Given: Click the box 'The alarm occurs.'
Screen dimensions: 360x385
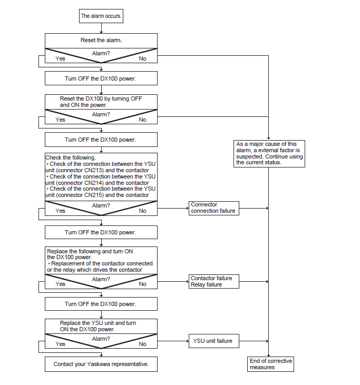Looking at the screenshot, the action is point(101,16).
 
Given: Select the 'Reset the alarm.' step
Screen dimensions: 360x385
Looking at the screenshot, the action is point(101,41).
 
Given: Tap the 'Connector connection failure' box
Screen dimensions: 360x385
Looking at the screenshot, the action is point(214,208).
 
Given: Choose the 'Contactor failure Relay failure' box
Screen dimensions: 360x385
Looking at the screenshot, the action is point(214,281).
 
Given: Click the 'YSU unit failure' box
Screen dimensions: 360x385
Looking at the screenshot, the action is point(214,341).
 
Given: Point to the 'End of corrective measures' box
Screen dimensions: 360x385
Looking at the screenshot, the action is point(270,364).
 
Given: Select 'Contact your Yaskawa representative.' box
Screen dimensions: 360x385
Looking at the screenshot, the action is point(101,364).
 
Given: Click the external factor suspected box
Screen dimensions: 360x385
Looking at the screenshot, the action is point(269,154).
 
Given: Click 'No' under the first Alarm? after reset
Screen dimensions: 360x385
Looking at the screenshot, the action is point(142,58).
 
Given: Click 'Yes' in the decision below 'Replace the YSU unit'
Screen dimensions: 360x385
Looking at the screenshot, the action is point(60,344).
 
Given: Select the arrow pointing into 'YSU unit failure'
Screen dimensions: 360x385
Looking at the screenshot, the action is point(173,341).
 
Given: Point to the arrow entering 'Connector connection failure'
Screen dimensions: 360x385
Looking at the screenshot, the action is point(173,208).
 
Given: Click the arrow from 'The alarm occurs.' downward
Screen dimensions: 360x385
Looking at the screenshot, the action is point(101,28).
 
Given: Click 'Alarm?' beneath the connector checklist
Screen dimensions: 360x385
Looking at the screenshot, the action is point(101,205).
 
